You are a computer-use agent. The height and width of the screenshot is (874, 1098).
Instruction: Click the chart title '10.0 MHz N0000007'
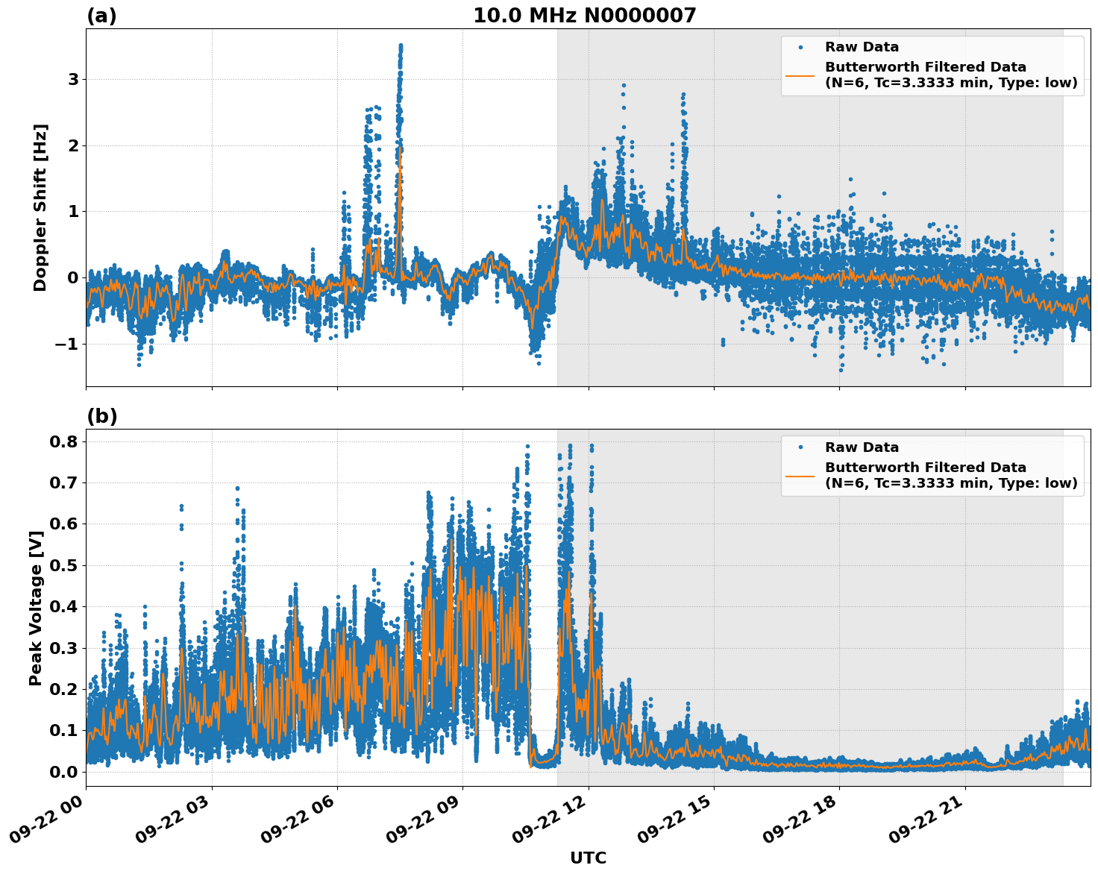(584, 16)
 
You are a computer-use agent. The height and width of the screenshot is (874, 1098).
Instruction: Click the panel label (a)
(101, 16)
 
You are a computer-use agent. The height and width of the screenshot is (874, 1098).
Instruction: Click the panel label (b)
(101, 416)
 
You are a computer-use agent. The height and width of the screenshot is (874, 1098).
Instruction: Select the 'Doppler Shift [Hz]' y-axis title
(40, 207)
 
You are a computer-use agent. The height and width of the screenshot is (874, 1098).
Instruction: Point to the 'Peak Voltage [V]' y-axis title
(35, 608)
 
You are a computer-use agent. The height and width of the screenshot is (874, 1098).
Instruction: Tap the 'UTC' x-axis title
(588, 858)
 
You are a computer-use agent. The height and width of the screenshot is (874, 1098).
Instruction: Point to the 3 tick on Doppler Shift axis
(73, 79)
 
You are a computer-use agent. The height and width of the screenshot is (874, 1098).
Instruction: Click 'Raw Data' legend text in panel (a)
(862, 47)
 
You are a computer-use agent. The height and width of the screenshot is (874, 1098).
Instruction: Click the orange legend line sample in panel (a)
(800, 75)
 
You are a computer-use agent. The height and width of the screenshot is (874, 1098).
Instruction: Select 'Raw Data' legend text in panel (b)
(862, 447)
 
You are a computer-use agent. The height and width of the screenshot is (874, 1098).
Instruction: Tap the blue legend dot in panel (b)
(800, 447)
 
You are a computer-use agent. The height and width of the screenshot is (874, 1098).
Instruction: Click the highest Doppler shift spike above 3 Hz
(401, 46)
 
